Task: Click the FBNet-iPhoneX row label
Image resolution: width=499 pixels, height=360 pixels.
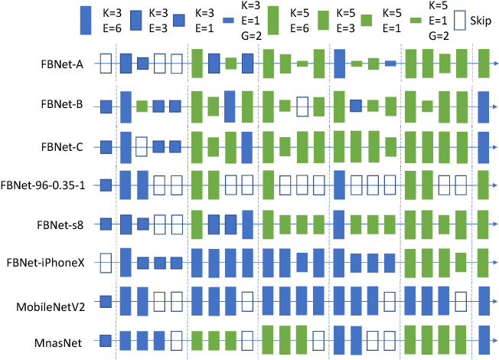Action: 55,263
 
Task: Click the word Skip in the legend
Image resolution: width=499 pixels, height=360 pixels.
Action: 483,19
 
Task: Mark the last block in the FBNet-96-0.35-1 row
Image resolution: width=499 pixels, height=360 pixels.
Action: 483,185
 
